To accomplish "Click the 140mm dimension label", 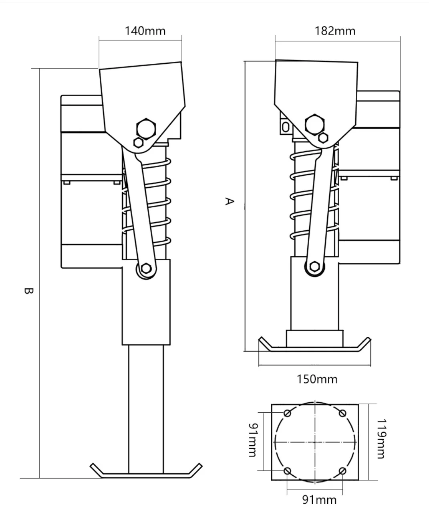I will point(145,31).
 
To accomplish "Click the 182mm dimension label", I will point(334,31).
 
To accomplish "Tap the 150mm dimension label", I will point(317,379).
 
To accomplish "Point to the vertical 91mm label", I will point(252,439).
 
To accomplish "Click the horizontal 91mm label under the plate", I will point(319,499).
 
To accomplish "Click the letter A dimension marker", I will point(229,201).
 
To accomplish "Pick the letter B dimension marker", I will point(26,291).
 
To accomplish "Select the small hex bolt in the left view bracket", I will point(138,142).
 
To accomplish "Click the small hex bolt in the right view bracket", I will point(323,138).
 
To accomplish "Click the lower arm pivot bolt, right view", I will point(314,267).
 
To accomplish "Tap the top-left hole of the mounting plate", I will point(287,414).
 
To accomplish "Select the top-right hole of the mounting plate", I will point(342,414).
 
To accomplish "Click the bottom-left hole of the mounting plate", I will point(287,470).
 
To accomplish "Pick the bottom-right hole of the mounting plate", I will point(342,470).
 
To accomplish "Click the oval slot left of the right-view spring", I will point(285,127).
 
